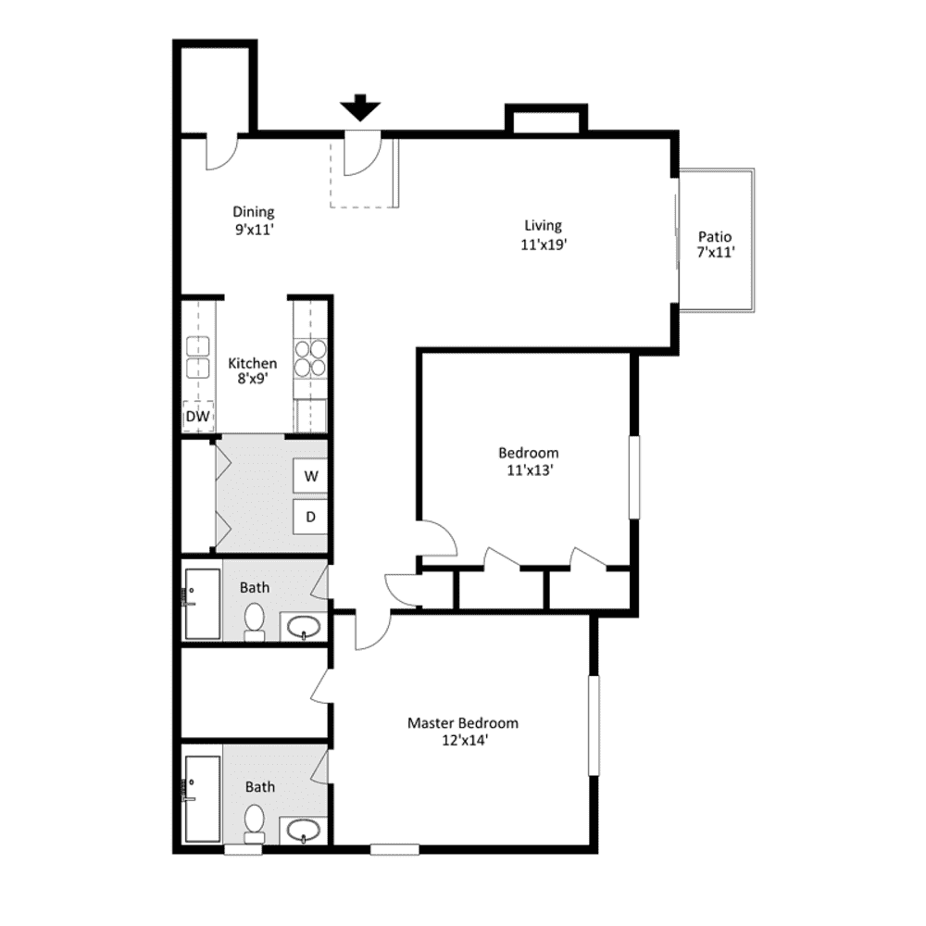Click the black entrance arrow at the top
pyautogui.click(x=360, y=108)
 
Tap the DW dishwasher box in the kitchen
pyautogui.click(x=197, y=417)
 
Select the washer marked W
pyautogui.click(x=311, y=477)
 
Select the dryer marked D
pyautogui.click(x=311, y=517)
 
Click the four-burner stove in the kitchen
pyautogui.click(x=310, y=357)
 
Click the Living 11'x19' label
pyautogui.click(x=544, y=234)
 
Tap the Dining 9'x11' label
pyautogui.click(x=253, y=220)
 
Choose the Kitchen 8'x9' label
pyautogui.click(x=252, y=371)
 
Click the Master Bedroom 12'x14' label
pyautogui.click(x=463, y=731)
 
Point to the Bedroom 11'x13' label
pyautogui.click(x=528, y=460)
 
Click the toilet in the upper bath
pyautogui.click(x=255, y=622)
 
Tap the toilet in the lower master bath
pyautogui.click(x=255, y=822)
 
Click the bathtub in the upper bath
pyautogui.click(x=201, y=604)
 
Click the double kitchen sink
pyautogui.click(x=198, y=357)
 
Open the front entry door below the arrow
pyautogui.click(x=361, y=153)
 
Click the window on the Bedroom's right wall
pyautogui.click(x=634, y=477)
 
